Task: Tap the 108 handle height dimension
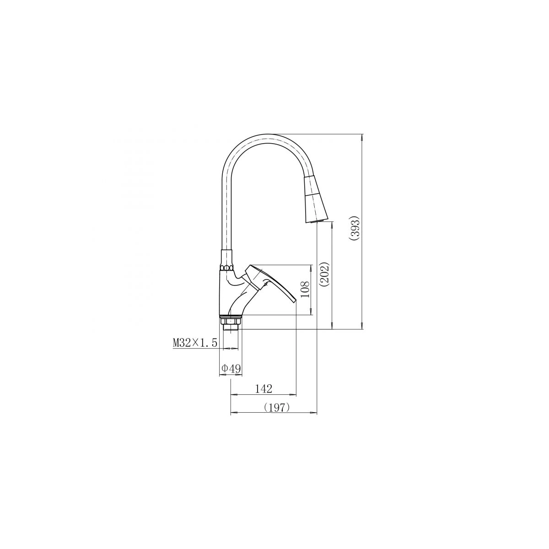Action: [305, 290]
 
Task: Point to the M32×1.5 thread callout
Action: [195, 343]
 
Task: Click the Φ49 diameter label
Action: [231, 369]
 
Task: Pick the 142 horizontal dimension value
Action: [264, 389]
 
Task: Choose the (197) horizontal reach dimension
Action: [277, 408]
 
